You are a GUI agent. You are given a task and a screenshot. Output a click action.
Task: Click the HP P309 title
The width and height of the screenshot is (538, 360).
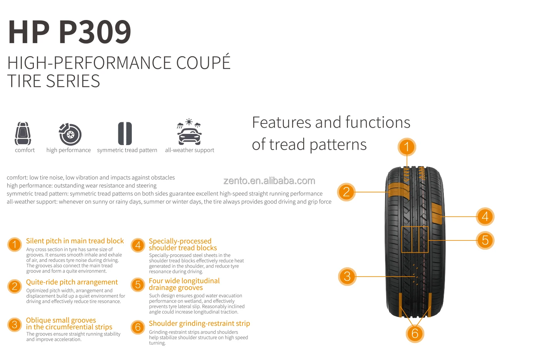70,32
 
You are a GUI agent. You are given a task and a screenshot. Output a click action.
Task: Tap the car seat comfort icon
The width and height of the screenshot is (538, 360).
23,133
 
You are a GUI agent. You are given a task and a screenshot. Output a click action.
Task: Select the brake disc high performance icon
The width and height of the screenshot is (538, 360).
70,134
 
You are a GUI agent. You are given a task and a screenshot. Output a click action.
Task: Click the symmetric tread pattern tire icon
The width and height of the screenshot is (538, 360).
125,133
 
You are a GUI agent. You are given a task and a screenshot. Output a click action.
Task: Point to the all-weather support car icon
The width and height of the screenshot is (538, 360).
189,132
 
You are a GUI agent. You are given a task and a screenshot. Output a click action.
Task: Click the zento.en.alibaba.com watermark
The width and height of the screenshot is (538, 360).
269,181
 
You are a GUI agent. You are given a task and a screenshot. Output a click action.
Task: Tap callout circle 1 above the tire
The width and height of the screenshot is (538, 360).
407,147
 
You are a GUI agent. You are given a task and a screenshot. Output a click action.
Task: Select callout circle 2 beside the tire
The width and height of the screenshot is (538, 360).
346,192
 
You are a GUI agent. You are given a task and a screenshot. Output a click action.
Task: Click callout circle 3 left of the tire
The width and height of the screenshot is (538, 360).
347,276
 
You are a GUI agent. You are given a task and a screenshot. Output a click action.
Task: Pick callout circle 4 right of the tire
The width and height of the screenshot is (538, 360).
485,217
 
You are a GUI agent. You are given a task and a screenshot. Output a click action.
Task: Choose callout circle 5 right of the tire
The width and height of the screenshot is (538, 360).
485,240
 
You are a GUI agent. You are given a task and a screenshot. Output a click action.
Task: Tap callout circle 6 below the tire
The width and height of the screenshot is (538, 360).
415,333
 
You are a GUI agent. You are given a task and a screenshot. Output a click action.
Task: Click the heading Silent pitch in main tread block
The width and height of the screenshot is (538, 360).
75,241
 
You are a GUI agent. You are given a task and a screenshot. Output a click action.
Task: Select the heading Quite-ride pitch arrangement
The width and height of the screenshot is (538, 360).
72,282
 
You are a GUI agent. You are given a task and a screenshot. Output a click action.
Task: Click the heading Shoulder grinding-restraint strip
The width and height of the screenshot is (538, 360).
199,323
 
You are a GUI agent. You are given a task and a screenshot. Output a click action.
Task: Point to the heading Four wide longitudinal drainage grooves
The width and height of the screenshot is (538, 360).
184,284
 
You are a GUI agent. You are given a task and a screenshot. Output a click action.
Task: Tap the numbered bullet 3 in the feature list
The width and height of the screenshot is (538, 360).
15,325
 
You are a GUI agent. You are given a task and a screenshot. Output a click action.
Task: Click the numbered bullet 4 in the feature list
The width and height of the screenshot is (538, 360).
138,245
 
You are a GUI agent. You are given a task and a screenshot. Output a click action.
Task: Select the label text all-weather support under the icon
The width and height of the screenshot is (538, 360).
189,150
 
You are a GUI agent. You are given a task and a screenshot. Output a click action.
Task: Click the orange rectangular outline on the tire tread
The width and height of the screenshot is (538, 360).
415,239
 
